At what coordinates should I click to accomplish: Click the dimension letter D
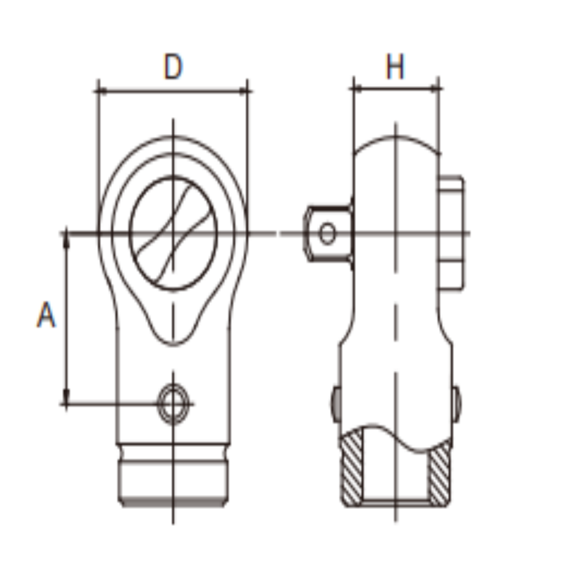pos(173,66)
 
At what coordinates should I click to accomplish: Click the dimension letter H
pos(395,66)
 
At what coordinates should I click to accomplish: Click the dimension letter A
pos(47,314)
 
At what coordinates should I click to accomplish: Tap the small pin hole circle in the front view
pos(173,403)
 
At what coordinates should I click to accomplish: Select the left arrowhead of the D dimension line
pos(103,91)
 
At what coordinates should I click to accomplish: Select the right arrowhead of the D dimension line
pos(243,91)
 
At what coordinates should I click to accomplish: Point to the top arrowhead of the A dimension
pos(66,240)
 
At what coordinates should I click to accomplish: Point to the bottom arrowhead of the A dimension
pos(66,396)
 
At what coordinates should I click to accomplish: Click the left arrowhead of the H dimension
pos(358,88)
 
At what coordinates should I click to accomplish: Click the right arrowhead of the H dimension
pos(434,88)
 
